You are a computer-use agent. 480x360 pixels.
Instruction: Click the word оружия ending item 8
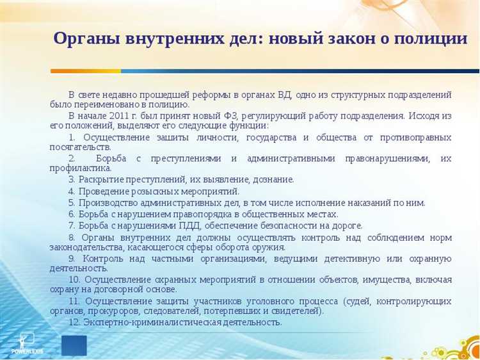pos(269,247)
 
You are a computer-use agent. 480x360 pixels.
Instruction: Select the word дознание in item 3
pos(274,179)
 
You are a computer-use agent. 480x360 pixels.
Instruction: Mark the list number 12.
pos(74,322)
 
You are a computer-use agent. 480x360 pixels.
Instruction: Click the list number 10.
pos(74,280)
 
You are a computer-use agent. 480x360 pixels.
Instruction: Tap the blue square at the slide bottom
pos(74,345)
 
